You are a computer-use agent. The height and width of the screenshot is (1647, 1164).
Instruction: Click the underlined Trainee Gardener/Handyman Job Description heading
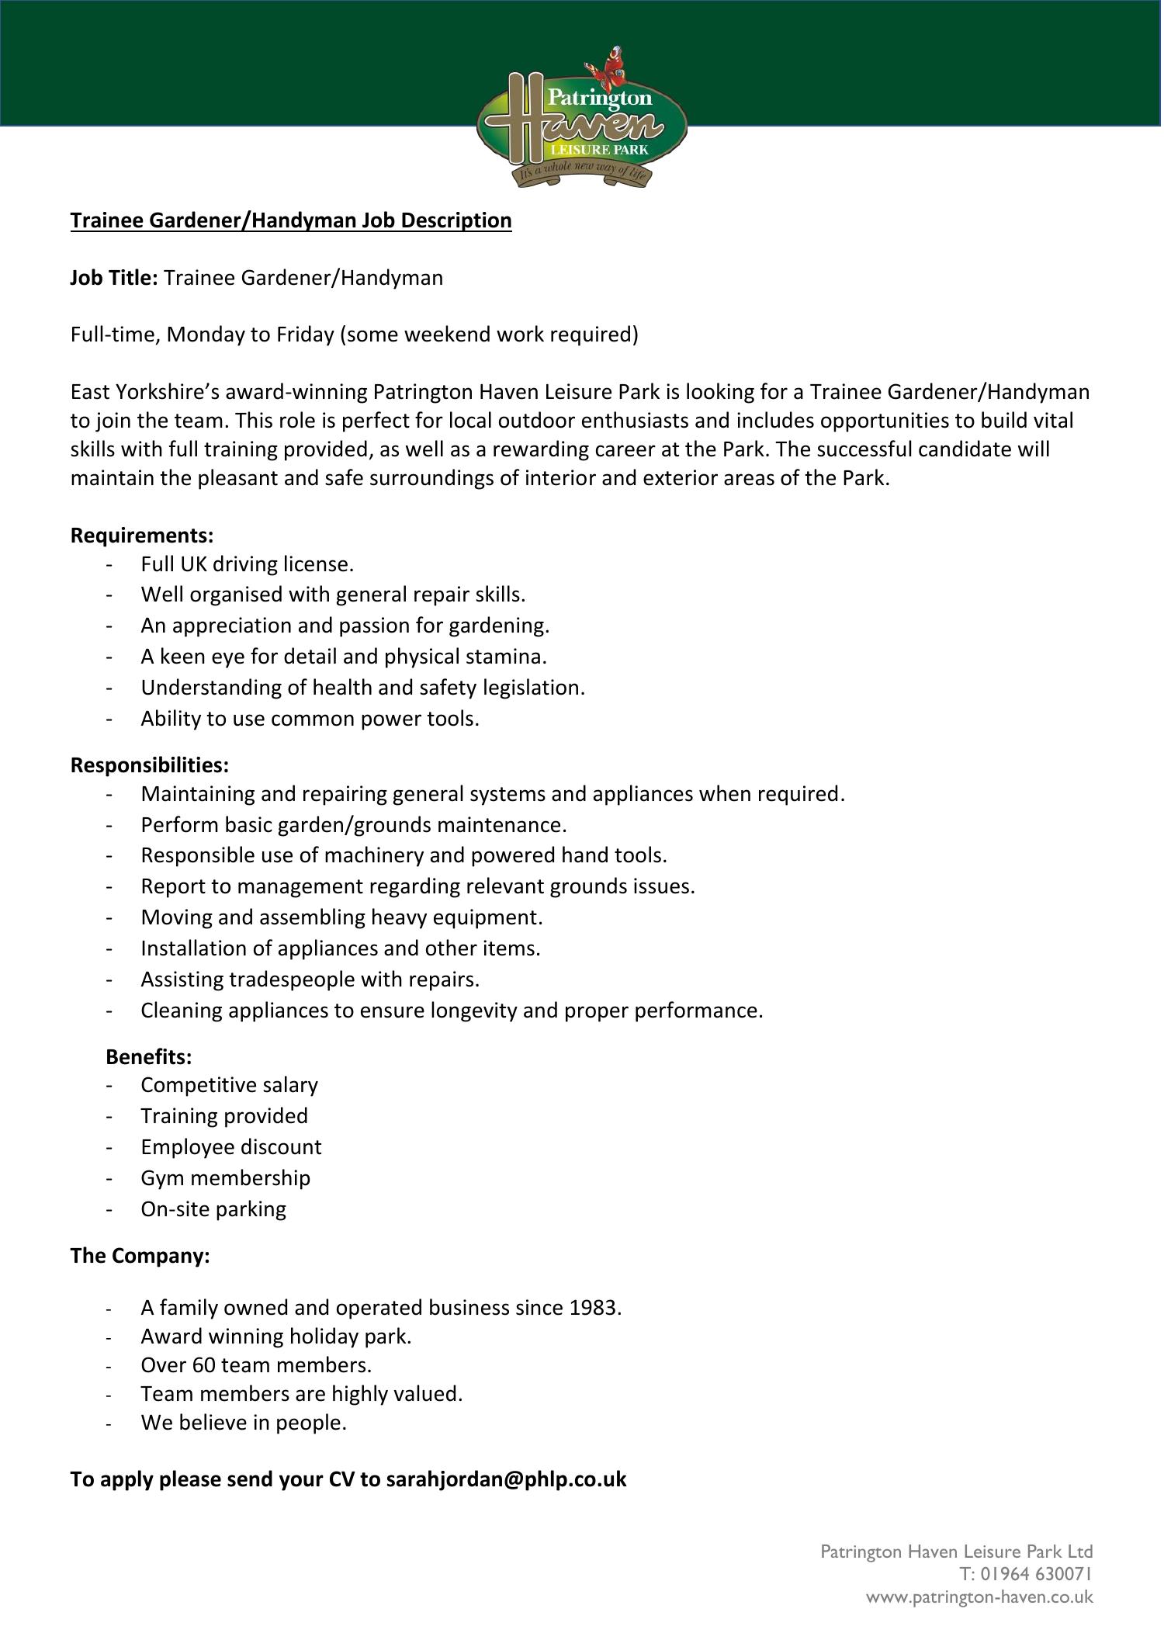pos(291,221)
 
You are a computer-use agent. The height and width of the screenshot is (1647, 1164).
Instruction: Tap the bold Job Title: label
pos(114,278)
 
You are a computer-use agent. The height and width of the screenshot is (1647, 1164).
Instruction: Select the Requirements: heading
pos(142,536)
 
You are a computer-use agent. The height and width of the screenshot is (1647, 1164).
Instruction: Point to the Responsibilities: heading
pos(150,765)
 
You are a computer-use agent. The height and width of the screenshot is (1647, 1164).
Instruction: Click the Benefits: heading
pos(148,1057)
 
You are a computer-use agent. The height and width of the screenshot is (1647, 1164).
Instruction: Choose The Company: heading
pos(140,1256)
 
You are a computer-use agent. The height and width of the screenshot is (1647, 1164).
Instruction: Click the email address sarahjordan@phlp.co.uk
pos(506,1479)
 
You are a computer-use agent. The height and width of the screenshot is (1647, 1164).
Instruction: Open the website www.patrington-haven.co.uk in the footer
pos(979,1597)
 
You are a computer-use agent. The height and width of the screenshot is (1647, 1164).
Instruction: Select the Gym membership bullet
pos(225,1178)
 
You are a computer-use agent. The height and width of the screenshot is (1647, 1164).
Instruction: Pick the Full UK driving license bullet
pos(247,563)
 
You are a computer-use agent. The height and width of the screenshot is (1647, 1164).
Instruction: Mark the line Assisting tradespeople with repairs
pos(310,980)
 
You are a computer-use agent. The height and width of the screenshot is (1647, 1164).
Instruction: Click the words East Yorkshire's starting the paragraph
pos(144,392)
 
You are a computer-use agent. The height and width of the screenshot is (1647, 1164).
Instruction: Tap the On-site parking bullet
pos(213,1209)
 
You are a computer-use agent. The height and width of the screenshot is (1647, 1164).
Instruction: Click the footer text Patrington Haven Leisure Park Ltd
pos(956,1552)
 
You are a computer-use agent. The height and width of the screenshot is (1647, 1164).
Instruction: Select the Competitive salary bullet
pos(229,1085)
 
